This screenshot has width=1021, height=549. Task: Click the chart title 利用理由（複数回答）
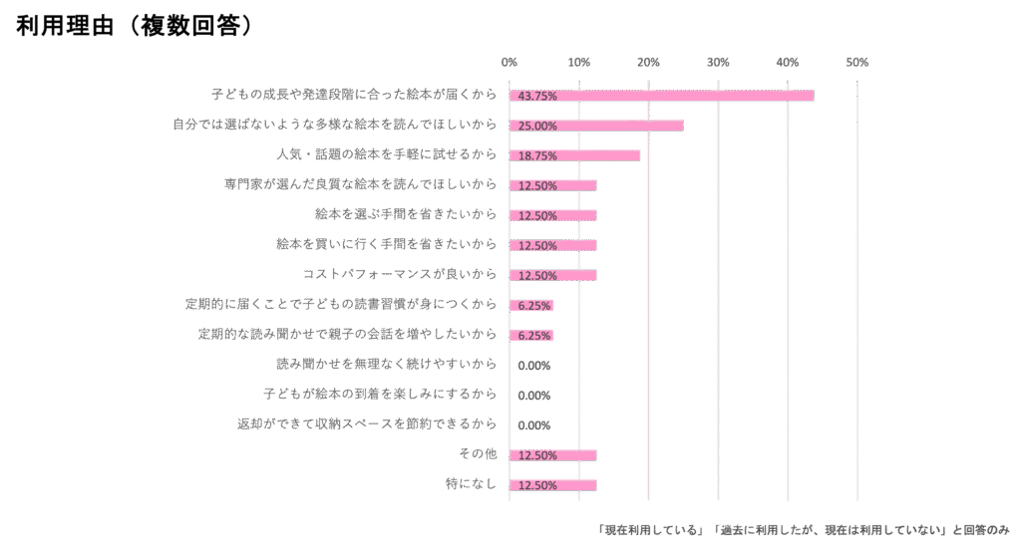135,27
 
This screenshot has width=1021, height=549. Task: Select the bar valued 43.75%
661,96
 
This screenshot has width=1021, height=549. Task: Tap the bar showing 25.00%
596,126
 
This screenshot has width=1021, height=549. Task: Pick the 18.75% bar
574,155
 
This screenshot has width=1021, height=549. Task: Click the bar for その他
552,455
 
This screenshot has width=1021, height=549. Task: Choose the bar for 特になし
552,485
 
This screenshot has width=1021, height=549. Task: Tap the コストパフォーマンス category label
399,275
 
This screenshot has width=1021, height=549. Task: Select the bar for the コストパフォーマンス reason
552,275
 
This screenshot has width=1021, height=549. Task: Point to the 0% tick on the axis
510,62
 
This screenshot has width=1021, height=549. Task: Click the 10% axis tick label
578,62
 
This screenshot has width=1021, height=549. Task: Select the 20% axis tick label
648,62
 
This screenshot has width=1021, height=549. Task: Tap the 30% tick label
718,62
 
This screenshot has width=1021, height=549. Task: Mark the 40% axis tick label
787,62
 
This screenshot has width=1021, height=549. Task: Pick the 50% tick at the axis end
856,62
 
